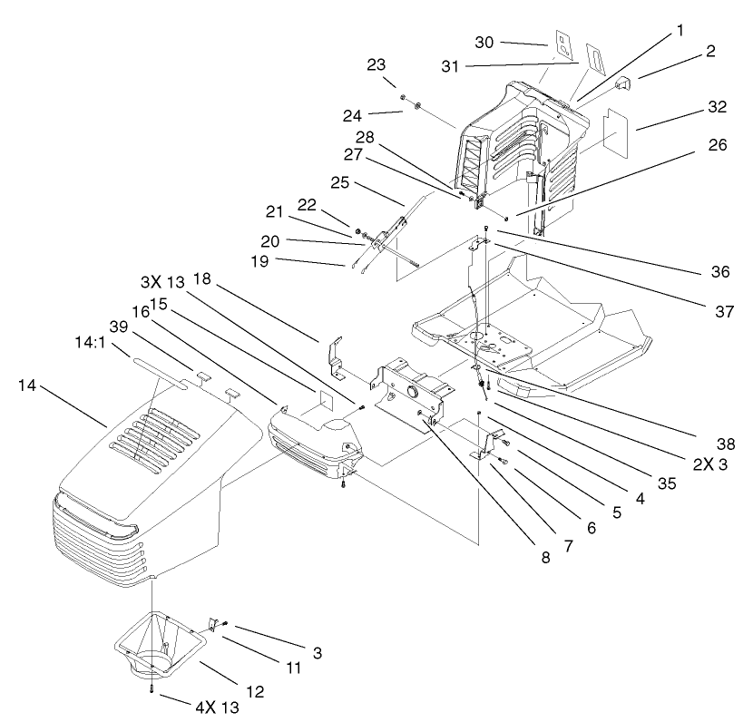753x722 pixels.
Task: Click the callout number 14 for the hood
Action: pos(28,386)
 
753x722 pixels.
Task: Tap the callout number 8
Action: pos(545,558)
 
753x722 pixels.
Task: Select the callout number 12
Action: pos(257,690)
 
